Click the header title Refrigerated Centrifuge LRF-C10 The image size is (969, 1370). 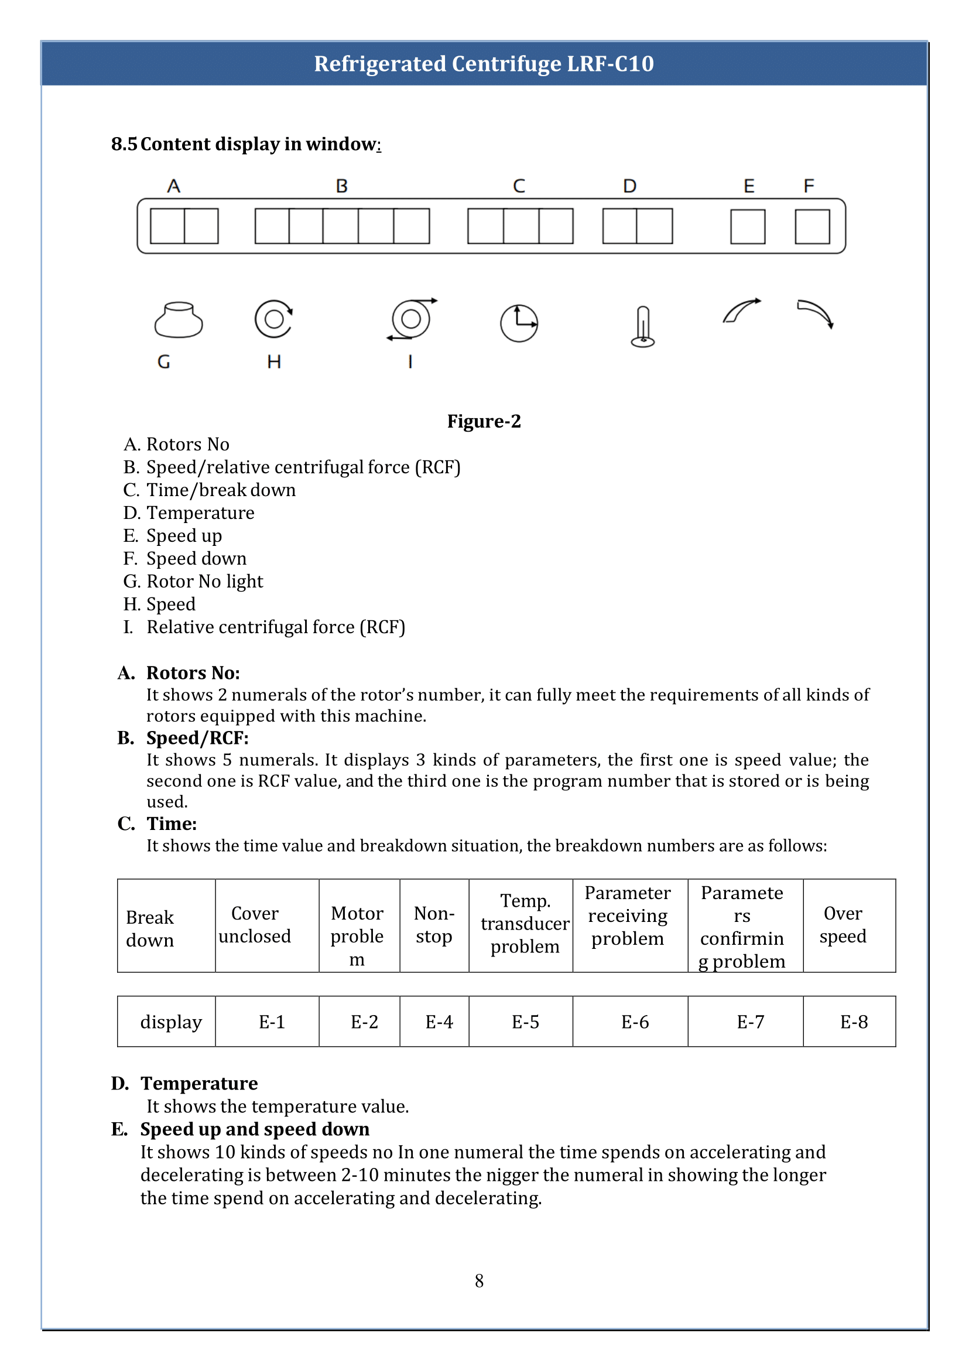(484, 64)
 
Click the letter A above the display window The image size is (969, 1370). (174, 186)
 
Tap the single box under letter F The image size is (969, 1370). (812, 226)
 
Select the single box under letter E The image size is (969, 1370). (748, 226)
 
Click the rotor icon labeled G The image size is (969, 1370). (179, 320)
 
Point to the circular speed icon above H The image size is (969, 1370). (274, 319)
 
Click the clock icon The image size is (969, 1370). (519, 323)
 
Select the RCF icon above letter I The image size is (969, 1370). (411, 319)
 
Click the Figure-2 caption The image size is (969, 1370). (484, 422)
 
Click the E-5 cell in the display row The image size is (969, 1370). (525, 1022)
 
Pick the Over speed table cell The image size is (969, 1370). (843, 925)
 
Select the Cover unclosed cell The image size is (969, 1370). (255, 925)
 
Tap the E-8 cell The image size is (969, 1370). (854, 1022)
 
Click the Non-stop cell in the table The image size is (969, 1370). (434, 925)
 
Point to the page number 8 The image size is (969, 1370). (479, 1280)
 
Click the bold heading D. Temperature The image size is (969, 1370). (185, 1084)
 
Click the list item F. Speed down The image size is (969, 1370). (185, 559)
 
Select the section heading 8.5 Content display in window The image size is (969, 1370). (246, 144)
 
